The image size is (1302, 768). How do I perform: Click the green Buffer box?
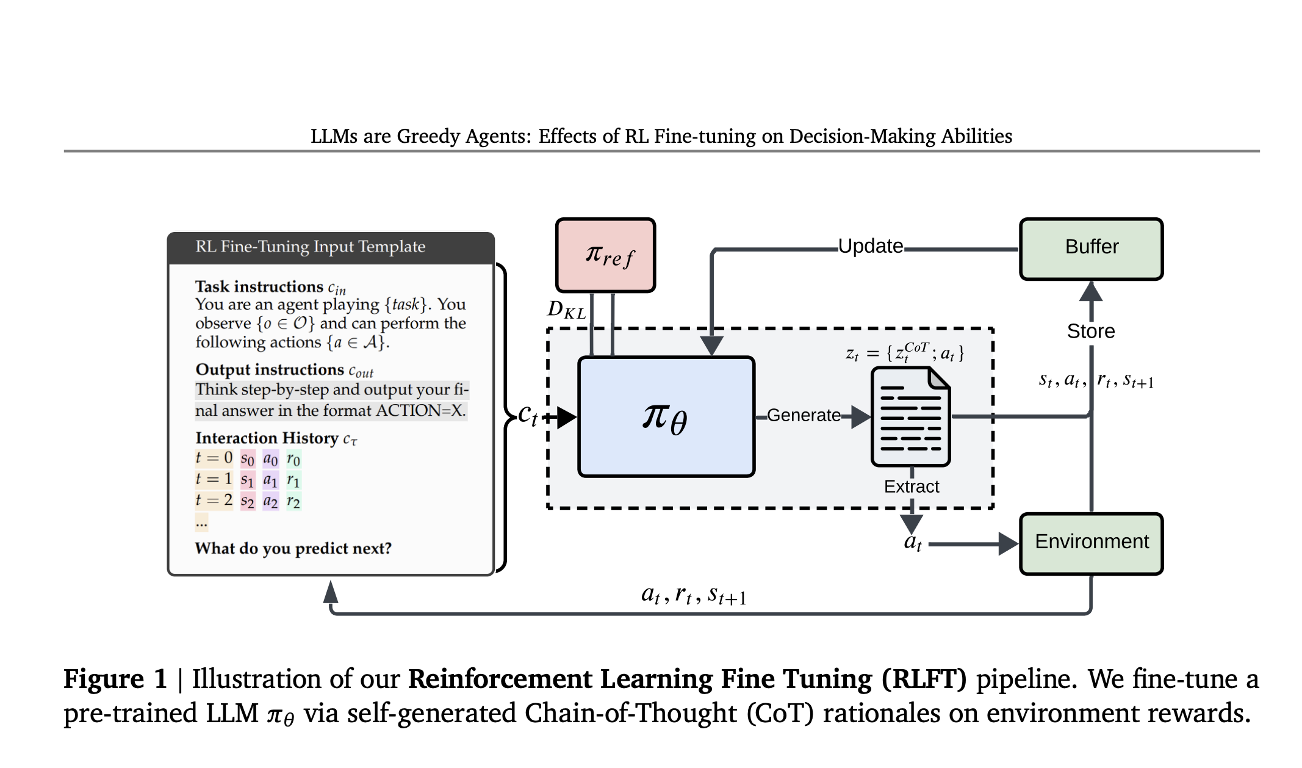tap(1091, 248)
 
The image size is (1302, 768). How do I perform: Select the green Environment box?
tap(1091, 543)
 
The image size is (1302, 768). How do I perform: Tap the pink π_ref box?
tap(605, 255)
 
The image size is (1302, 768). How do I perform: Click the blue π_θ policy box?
tap(666, 416)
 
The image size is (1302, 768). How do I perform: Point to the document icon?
tap(910, 416)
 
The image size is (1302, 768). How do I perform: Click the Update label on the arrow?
tap(870, 246)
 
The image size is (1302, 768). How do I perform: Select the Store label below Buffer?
tap(1091, 331)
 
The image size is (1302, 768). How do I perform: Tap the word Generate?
tap(804, 415)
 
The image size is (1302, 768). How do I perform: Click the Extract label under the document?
tap(912, 487)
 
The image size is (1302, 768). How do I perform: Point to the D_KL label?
tap(566, 310)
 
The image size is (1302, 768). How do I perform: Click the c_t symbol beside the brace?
tap(528, 415)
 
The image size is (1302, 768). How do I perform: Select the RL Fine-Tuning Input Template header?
tap(310, 247)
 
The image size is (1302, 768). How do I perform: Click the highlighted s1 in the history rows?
tap(247, 480)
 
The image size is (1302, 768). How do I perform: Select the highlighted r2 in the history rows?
tap(293, 501)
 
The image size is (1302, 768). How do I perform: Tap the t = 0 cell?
tap(214, 458)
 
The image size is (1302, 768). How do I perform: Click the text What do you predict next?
tap(293, 548)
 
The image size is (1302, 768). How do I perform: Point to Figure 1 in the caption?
tap(115, 679)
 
